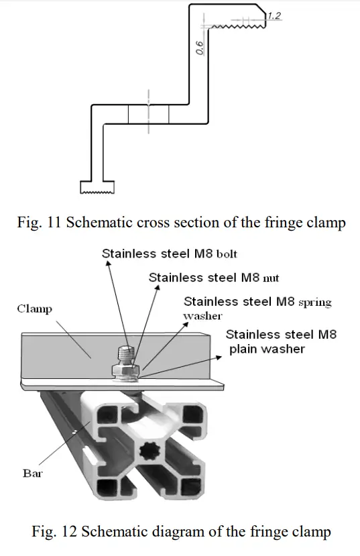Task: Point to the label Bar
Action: coord(32,473)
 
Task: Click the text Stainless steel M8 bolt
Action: coord(169,254)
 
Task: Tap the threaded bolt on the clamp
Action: coord(125,354)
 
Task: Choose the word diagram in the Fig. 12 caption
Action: coord(168,532)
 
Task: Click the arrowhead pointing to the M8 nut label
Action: coord(158,288)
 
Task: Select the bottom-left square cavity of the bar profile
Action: coord(107,488)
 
